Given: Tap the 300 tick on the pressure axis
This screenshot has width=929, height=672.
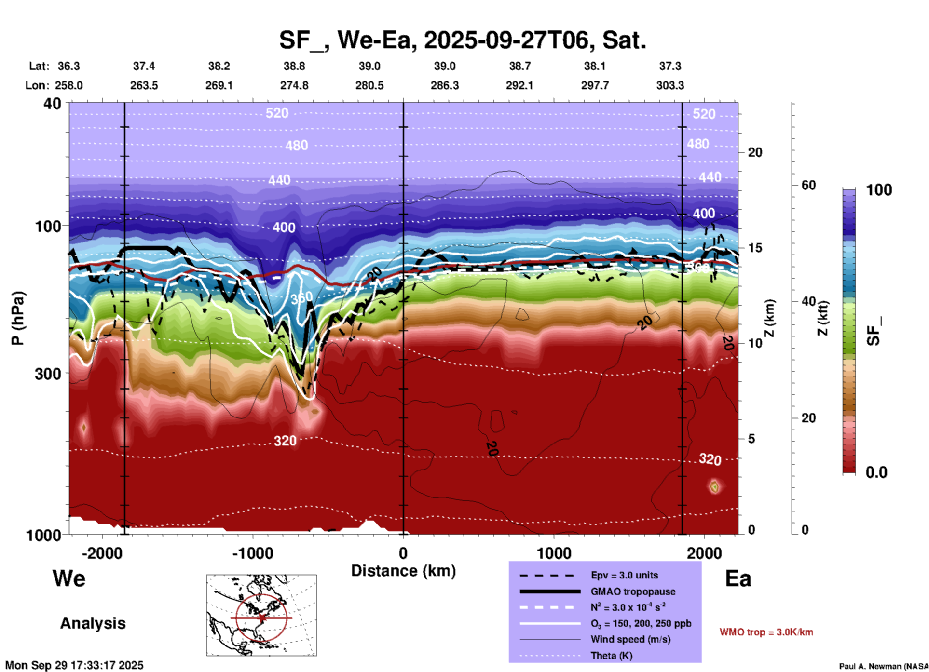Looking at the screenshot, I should point(48,374).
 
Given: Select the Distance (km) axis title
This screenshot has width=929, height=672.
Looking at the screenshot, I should point(403,571).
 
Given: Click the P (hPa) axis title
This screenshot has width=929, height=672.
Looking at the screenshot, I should point(18,318).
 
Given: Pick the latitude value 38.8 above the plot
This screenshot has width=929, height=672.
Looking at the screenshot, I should point(294,66).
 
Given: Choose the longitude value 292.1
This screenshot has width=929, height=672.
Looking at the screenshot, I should point(519,85).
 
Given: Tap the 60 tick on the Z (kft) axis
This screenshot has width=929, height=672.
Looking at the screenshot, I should point(808,185).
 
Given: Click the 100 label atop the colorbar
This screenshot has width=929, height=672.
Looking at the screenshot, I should point(879,190).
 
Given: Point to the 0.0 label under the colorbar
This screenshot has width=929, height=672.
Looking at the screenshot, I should point(876,472).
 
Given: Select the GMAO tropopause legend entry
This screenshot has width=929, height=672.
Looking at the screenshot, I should point(633,591).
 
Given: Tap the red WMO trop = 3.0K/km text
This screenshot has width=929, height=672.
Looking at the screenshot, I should point(766,632).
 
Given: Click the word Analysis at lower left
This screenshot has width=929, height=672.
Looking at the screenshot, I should point(93,623).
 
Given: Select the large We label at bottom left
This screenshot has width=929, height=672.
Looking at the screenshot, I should point(69,578).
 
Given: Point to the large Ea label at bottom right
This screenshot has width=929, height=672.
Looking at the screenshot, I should point(738,578).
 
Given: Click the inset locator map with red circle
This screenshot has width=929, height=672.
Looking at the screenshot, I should point(261,615).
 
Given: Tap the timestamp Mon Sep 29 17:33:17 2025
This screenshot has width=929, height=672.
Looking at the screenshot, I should point(74,665).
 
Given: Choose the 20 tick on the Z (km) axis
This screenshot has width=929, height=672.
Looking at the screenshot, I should point(755,152).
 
